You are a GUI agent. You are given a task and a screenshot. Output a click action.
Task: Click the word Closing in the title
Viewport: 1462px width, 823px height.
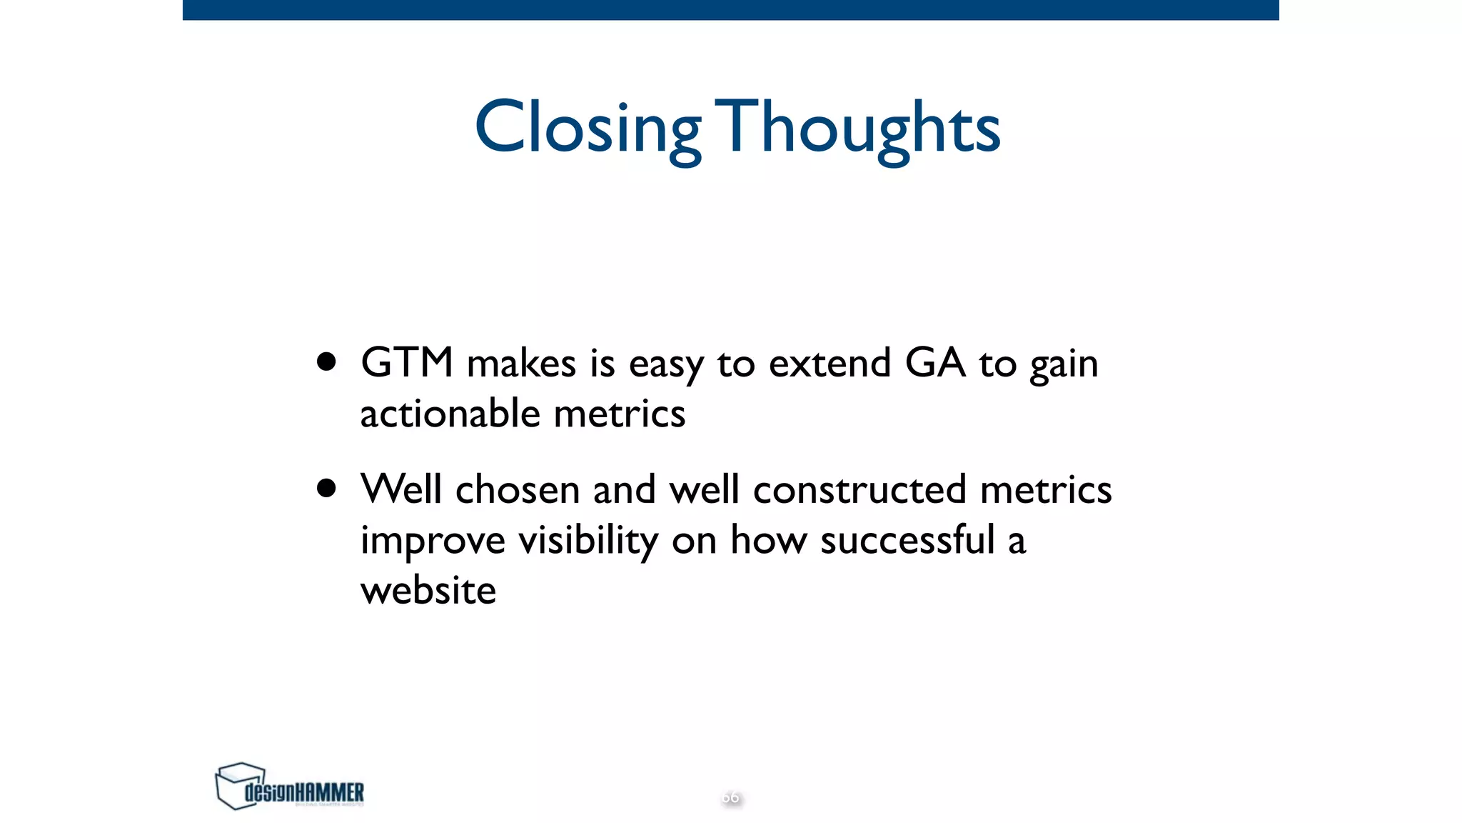(587, 129)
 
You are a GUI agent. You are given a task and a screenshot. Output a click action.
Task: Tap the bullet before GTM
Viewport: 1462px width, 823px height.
(326, 361)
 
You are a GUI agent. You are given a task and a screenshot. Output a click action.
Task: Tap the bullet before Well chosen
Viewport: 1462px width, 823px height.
(326, 489)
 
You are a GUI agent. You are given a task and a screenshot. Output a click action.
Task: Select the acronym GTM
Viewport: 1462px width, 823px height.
(406, 362)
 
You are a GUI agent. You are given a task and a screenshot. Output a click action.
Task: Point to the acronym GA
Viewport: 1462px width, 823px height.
(934, 362)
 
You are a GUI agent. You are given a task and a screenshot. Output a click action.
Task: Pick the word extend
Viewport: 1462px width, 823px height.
(830, 363)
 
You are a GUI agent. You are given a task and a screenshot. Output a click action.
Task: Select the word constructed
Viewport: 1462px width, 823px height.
(859, 490)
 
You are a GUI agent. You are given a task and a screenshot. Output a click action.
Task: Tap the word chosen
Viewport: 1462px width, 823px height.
(517, 490)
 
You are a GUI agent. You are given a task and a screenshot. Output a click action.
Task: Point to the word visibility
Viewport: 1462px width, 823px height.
(588, 541)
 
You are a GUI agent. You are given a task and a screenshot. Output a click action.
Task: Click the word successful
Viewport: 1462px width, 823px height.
(907, 539)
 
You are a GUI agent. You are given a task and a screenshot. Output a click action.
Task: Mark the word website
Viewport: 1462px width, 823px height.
(428, 591)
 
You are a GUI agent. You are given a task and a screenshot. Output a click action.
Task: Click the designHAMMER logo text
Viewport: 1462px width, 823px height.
(304, 792)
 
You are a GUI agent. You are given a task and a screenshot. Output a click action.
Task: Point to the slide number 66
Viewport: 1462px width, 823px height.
(730, 797)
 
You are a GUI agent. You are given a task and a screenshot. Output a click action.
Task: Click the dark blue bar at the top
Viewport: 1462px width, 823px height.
(730, 9)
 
